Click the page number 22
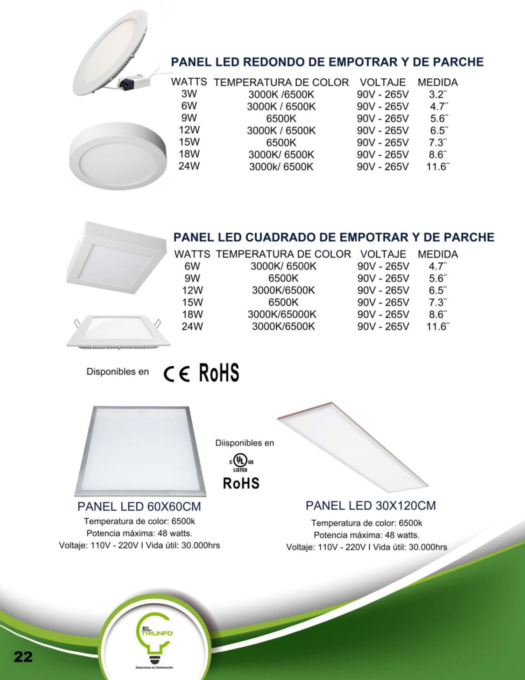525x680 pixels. point(23,657)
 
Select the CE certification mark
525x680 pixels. point(177,374)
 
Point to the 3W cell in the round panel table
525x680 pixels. point(189,94)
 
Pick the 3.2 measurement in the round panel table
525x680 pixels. point(438,94)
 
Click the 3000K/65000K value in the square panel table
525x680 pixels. point(282,315)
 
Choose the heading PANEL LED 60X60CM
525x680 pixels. point(139,507)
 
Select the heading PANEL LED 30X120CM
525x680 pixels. point(370,506)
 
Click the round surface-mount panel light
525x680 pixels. point(118,155)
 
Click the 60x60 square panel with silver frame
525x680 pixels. point(140,451)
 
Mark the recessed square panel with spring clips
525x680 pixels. point(118,331)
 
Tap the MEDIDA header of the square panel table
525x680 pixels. point(438,254)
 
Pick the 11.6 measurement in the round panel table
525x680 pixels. point(438,167)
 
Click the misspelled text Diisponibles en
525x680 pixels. point(244,443)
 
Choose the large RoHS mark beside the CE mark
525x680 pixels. point(219,373)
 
